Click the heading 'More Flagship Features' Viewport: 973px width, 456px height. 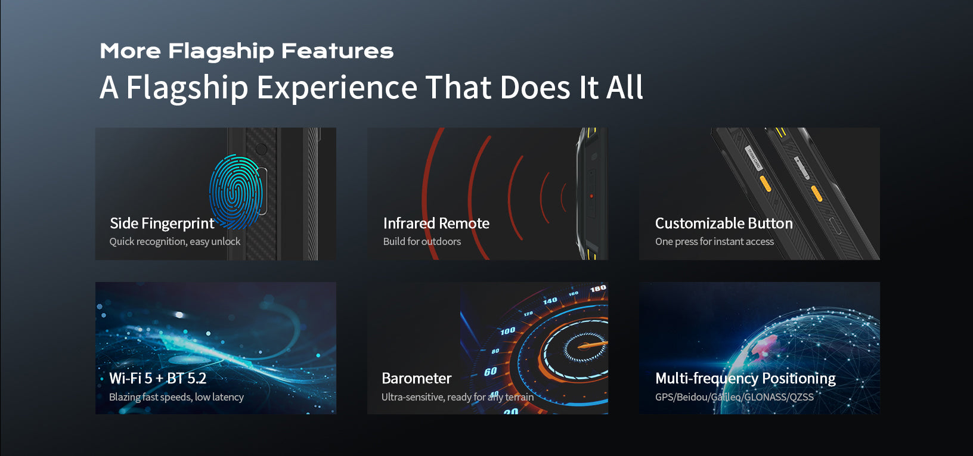(246, 51)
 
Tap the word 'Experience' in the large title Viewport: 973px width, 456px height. (337, 88)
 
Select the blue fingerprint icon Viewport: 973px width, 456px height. (236, 192)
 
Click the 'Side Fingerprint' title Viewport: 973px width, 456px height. (162, 223)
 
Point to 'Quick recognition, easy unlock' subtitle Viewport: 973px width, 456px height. (175, 241)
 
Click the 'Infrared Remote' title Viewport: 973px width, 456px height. (436, 223)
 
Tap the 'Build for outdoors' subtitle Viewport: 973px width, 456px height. (422, 241)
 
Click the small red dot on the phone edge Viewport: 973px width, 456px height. (591, 196)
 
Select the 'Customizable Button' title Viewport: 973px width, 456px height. (724, 223)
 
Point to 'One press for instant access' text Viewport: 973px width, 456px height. (714, 241)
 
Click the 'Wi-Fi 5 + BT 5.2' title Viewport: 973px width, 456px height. (157, 379)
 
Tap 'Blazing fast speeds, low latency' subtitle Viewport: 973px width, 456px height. (176, 397)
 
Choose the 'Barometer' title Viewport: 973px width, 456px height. (417, 379)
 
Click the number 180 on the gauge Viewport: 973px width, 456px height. (598, 289)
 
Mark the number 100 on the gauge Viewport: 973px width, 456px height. (507, 331)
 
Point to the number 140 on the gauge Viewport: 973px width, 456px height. (550, 300)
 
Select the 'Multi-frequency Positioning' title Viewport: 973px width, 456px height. (745, 379)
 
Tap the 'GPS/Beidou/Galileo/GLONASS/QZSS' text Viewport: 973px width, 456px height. (735, 397)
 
